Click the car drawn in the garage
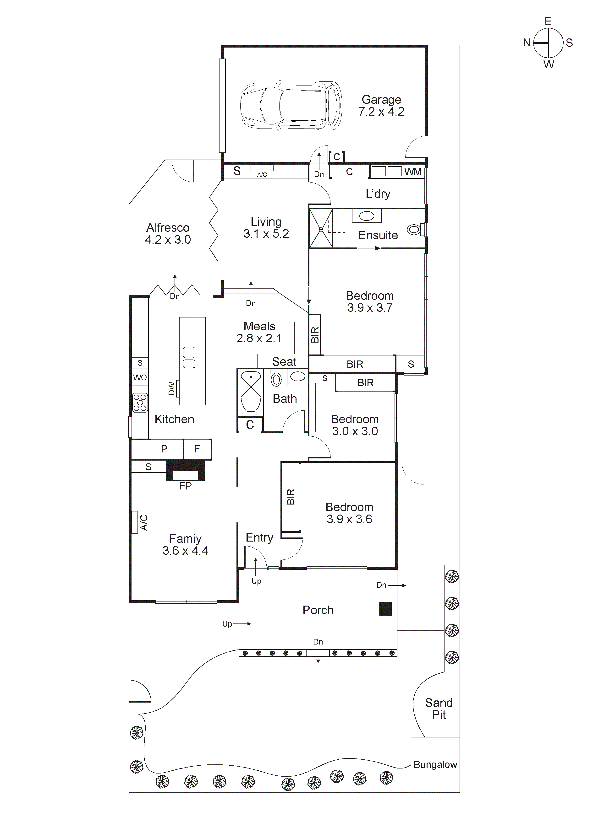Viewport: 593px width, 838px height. coord(291,106)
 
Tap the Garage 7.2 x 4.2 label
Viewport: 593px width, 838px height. coord(381,106)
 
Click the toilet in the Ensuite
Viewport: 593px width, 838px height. coord(415,230)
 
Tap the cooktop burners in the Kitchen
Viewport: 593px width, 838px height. coord(140,403)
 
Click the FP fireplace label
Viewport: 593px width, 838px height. coord(185,486)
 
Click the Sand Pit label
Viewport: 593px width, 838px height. coord(439,709)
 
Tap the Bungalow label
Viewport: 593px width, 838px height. coord(435,765)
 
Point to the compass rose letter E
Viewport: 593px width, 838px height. coord(548,21)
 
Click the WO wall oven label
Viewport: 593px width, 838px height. coord(140,377)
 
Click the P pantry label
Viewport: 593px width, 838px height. coord(164,449)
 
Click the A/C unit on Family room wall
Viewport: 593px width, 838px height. coord(135,522)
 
